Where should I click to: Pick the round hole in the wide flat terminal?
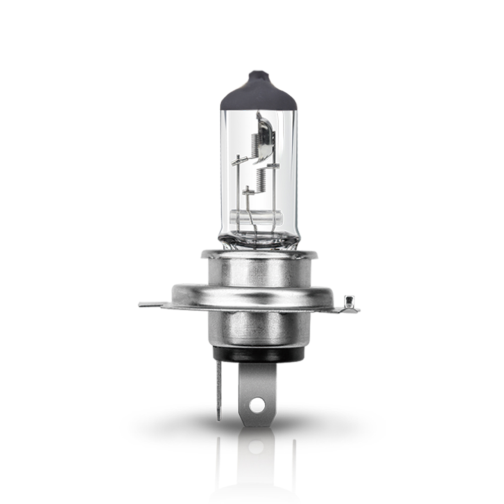click(x=258, y=404)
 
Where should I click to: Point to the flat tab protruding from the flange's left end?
click(x=153, y=304)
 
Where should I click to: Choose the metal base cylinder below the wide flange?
click(x=259, y=328)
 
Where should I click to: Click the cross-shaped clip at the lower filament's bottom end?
click(x=247, y=191)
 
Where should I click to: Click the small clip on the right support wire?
click(x=275, y=165)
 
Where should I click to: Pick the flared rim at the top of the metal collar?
click(x=259, y=254)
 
